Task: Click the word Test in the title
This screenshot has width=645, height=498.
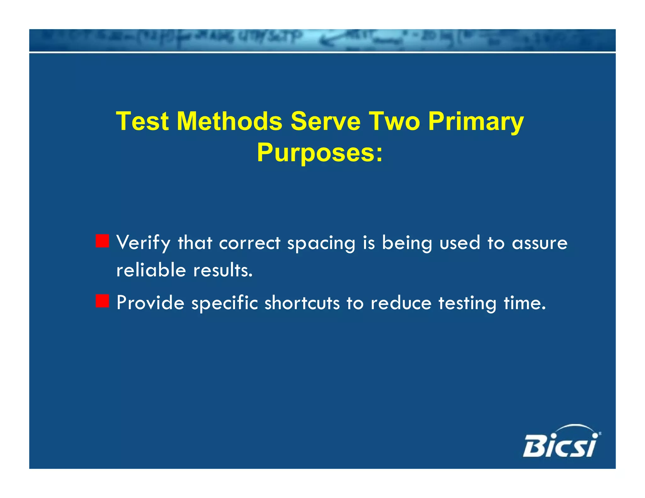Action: pyautogui.click(x=142, y=121)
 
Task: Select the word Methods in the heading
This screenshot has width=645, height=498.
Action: pyautogui.click(x=229, y=121)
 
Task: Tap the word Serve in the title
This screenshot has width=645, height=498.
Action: pyautogui.click(x=325, y=121)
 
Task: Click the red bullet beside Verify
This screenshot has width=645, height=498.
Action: pyautogui.click(x=102, y=241)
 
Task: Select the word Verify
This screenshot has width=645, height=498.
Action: pyautogui.click(x=143, y=243)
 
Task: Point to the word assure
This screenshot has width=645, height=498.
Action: pyautogui.click(x=539, y=243)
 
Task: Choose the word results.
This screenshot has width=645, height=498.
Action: pyautogui.click(x=223, y=270)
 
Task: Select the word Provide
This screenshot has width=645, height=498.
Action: pyautogui.click(x=150, y=303)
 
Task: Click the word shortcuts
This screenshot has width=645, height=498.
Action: pyautogui.click(x=302, y=303)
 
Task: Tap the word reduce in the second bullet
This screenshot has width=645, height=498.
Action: pyautogui.click(x=401, y=303)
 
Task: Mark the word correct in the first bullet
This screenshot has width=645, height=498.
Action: pyautogui.click(x=249, y=243)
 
